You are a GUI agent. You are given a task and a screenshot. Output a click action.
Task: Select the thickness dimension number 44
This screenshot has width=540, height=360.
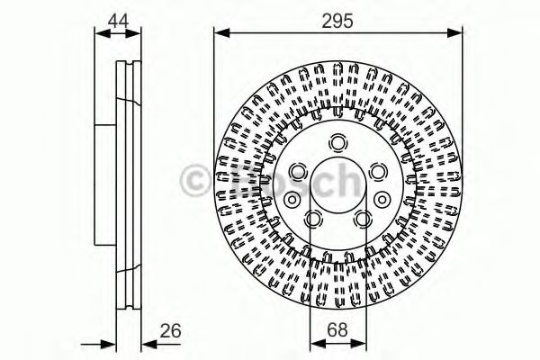tap(118, 18)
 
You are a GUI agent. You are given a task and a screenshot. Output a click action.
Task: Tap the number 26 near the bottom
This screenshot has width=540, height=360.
tap(170, 331)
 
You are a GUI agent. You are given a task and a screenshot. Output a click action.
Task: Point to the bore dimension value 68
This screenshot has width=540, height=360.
tap(338, 331)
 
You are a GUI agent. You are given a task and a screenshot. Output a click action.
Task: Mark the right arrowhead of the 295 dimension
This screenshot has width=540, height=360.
tap(456, 33)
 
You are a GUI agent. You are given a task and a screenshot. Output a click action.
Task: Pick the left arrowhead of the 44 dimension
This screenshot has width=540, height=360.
tap(101, 33)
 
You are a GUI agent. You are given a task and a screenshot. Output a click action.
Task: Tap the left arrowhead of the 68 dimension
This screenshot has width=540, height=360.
tap(315, 345)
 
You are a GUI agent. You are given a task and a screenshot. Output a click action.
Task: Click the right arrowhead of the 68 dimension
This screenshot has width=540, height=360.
tap(361, 345)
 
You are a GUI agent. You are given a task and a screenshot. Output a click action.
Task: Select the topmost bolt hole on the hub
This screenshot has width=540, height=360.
tap(338, 141)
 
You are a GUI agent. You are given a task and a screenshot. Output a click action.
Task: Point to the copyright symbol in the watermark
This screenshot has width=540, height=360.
tap(193, 179)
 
